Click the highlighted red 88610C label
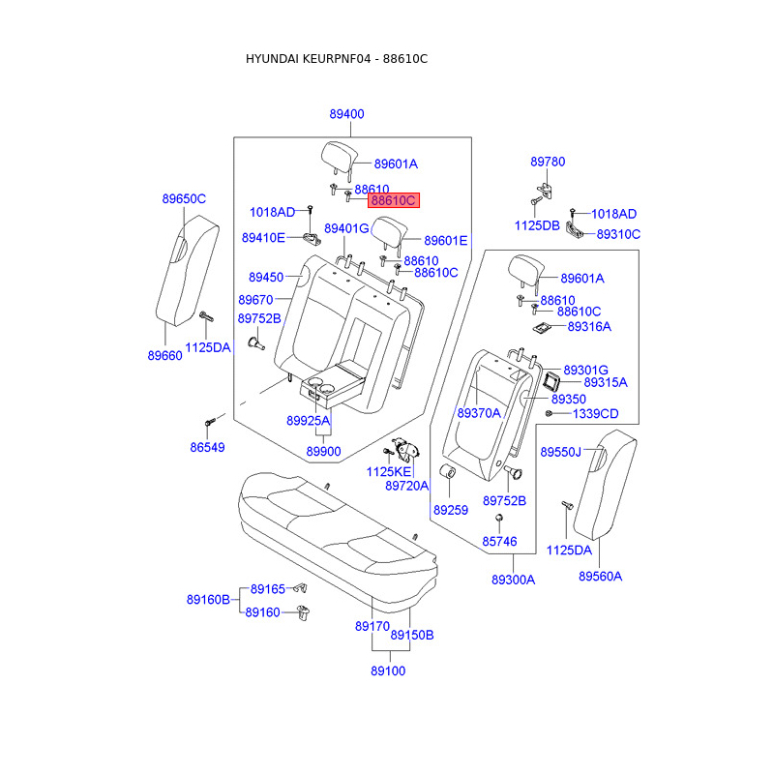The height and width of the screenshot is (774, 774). coord(393,201)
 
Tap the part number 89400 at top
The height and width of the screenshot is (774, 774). coord(346,114)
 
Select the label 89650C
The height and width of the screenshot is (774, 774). coord(184,199)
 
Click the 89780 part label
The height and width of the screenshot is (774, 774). coord(548,162)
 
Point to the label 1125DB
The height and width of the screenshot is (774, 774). coord(537,225)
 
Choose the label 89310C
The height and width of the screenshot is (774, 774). coord(618,234)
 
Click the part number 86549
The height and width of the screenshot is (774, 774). coord(207,448)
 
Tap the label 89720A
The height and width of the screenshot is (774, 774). coord(406,486)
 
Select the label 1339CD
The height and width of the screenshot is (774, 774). coord(595,414)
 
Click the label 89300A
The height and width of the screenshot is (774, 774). coord(513,580)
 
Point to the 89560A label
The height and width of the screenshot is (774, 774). coord(600,576)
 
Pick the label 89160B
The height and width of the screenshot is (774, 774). coord(208,600)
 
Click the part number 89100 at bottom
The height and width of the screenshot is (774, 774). coord(387,670)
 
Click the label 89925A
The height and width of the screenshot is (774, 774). coord(308,421)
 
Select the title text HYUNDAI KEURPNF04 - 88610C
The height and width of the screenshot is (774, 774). coord(337,59)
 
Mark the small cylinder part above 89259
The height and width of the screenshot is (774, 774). coord(448,473)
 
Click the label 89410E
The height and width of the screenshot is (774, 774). coord(263,238)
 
